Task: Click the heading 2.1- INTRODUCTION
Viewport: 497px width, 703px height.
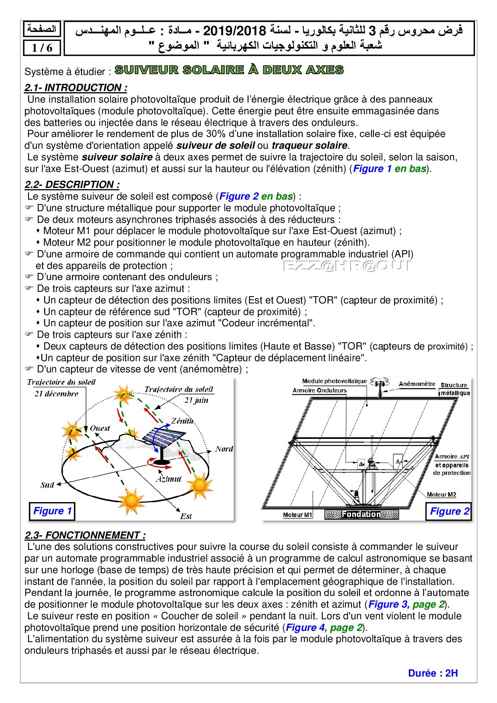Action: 76,87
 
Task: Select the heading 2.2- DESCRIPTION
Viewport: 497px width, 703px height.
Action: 72,184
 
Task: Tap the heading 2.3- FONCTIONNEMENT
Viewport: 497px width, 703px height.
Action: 85,535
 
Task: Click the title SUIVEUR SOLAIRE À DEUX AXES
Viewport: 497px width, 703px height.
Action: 229,70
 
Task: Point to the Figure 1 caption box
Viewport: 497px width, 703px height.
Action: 52,511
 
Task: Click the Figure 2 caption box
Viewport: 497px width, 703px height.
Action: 449,511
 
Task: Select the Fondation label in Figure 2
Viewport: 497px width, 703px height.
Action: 361,514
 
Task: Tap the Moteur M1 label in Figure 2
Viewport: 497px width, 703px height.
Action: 297,515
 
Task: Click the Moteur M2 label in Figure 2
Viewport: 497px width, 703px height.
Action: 441,495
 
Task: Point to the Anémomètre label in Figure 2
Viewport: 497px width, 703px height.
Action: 417,384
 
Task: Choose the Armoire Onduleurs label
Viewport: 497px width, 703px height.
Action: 319,390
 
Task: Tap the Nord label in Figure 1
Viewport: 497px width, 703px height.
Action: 224,449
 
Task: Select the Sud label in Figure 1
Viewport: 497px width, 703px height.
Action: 47,485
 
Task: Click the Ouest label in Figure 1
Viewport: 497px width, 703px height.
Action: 100,428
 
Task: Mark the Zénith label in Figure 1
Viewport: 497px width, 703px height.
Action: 182,421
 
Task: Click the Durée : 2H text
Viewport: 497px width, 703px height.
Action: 433,673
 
